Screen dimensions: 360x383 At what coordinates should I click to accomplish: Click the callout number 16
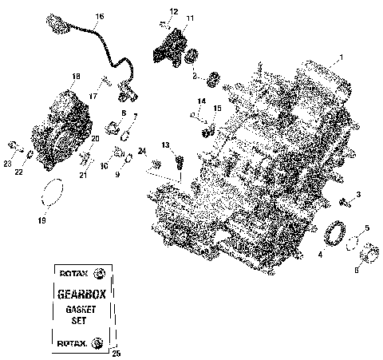(x=99, y=16)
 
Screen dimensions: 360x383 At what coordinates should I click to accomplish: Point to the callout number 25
(x=116, y=352)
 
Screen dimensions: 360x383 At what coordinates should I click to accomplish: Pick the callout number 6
(x=357, y=270)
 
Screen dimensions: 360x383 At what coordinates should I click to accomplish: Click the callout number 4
(x=320, y=255)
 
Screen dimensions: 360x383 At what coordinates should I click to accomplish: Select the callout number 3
(x=358, y=195)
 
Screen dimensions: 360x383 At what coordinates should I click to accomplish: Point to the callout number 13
(x=165, y=144)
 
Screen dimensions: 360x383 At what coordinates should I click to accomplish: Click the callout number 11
(x=189, y=18)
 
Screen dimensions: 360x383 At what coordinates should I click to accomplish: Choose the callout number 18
(x=76, y=77)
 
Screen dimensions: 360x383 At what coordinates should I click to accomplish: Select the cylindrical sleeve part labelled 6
(x=369, y=255)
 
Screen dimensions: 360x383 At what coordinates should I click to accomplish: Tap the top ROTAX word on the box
(x=70, y=273)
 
